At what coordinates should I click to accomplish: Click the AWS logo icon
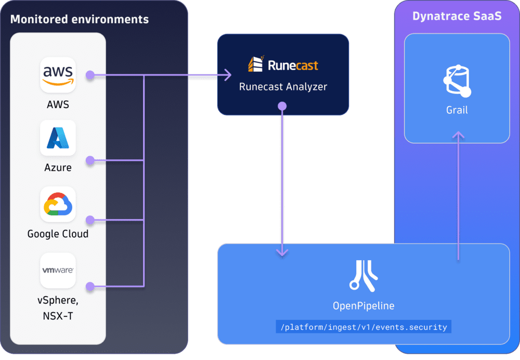[x=58, y=75]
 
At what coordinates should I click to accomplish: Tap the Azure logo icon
[x=58, y=138]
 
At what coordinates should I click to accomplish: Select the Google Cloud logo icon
[x=58, y=204]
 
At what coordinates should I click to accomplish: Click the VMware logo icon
[x=58, y=271]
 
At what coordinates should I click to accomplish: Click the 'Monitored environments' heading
[x=80, y=20]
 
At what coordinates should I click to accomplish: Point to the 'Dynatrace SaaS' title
[x=457, y=16]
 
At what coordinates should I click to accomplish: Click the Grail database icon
[x=457, y=81]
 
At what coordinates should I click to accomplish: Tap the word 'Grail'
[x=457, y=110]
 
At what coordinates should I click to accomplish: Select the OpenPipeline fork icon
[x=363, y=275]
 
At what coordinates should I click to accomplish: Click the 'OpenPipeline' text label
[x=363, y=306]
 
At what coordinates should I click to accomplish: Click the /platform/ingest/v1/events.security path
[x=363, y=327]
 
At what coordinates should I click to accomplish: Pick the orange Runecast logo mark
[x=255, y=65]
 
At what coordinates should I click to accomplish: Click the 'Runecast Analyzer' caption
[x=283, y=87]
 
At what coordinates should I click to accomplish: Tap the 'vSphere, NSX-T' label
[x=58, y=308]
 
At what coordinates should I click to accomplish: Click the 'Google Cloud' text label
[x=58, y=234]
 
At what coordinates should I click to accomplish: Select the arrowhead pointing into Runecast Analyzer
[x=227, y=76]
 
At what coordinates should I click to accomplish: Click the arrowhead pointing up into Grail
[x=458, y=135]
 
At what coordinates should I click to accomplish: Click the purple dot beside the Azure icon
[x=90, y=161]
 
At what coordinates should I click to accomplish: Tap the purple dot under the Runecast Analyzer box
[x=282, y=106]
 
